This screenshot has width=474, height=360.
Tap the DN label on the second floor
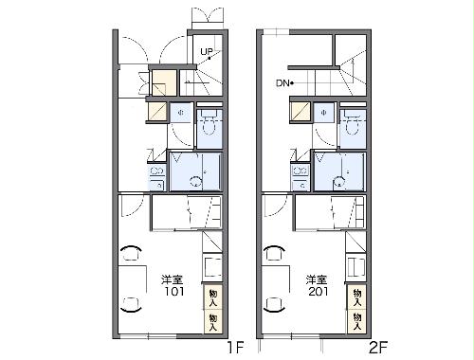point(283,83)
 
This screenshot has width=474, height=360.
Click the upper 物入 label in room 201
point(356,297)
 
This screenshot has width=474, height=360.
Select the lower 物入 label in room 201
point(356,320)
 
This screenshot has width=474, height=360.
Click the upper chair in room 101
point(131,253)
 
